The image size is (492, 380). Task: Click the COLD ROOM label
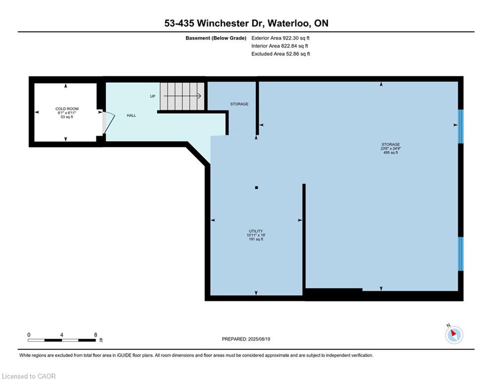pos(67,109)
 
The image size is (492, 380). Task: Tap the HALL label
pos(132,115)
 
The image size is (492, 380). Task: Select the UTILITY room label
pos(256,231)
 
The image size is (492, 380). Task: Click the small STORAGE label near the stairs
pos(239,104)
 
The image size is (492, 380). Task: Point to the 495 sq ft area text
pos(391,152)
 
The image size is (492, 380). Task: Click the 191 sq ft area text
pos(256,239)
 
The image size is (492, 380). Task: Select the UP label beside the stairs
pos(152,96)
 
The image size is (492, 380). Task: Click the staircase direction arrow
pos(182,96)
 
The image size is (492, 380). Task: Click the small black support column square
pos(256,188)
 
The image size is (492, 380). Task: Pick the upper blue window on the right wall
pos(460,126)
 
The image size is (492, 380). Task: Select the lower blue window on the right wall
pos(460,254)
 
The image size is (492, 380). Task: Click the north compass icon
pos(454,334)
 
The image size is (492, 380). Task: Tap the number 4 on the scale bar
pos(61,335)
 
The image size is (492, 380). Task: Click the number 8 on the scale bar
pos(95,335)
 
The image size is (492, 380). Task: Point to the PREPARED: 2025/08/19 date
pos(246,339)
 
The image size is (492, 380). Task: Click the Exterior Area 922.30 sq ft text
pos(280,38)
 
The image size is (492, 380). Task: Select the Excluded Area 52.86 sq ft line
pos(280,54)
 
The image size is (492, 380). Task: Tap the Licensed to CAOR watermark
pos(29,376)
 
